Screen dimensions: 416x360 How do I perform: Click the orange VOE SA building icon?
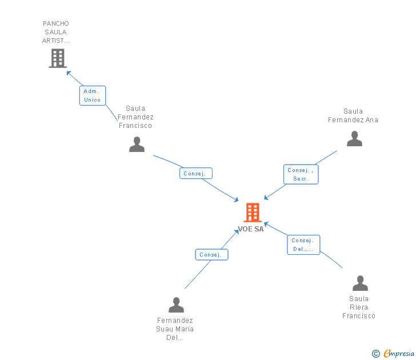coord(252,213)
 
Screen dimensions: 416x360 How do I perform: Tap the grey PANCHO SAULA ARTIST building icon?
coord(58,58)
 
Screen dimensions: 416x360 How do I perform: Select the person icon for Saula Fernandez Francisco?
coord(137,145)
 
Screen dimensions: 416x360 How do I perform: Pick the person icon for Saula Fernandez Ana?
coord(354,139)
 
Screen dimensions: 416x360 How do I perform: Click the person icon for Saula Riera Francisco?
coord(360,283)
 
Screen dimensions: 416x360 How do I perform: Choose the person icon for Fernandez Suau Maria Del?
coord(176,305)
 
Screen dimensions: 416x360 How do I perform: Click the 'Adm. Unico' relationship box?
coord(92,95)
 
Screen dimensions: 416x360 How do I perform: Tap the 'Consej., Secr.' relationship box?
coord(301,174)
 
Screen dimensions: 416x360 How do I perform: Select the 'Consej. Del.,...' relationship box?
coord(303,245)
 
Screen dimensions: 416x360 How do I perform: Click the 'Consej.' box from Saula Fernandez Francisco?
coord(196,173)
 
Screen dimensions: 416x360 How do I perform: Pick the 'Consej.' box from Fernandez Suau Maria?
coord(211,255)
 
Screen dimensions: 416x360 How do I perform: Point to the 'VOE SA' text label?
coord(251,229)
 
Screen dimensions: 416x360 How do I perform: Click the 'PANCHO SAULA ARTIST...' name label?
coord(56,33)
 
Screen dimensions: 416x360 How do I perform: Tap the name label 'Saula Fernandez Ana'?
coord(353,115)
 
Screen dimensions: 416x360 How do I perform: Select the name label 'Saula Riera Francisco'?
coord(359,307)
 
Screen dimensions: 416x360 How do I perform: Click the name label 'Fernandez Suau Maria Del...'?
coord(175,329)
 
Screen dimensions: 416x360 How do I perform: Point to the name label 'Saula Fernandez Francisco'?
coord(135,117)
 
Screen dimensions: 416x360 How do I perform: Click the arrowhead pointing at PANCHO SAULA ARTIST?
coord(69,73)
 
